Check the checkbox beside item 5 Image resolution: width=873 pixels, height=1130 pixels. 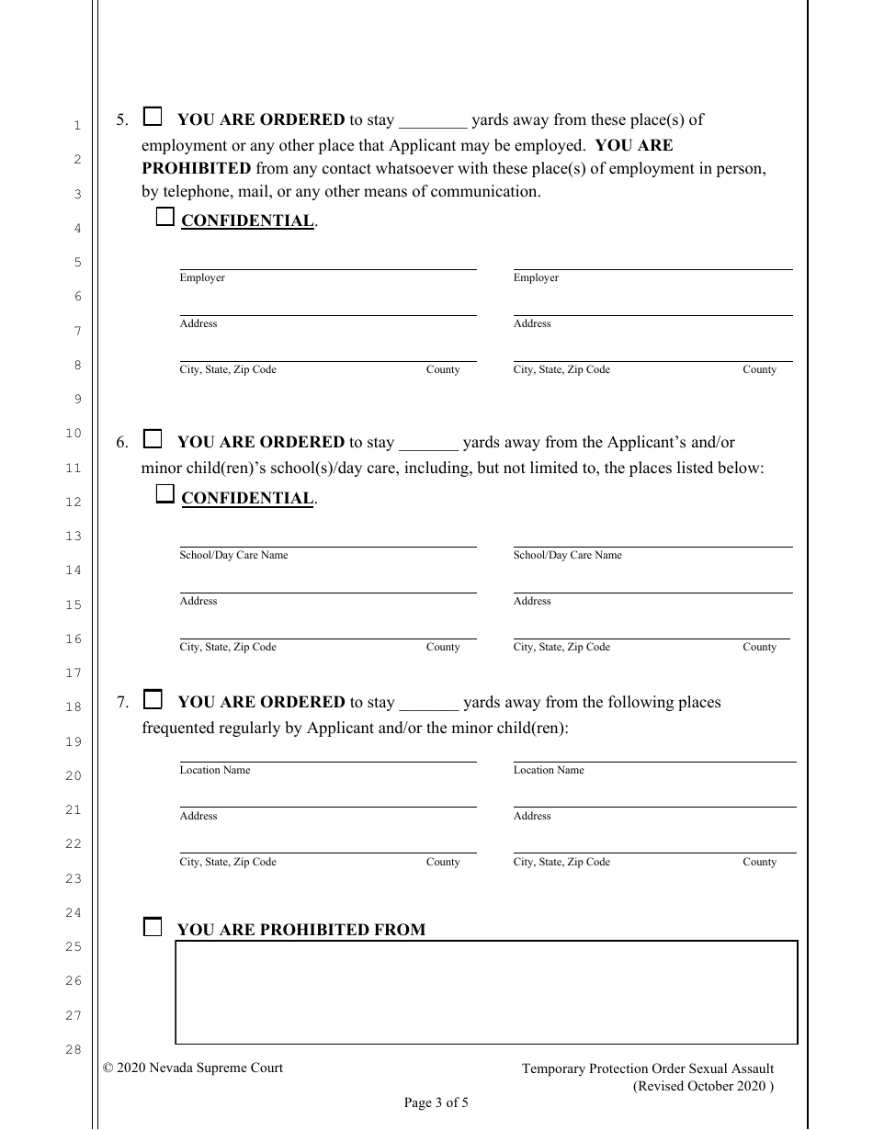point(153,117)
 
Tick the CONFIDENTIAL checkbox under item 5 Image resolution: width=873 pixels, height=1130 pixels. point(164,218)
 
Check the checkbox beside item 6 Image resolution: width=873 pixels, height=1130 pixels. point(153,438)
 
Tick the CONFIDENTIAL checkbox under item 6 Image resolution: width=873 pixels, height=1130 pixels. point(164,495)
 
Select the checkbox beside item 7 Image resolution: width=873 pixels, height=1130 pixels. point(153,699)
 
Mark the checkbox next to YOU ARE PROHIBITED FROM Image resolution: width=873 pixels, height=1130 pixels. point(153,927)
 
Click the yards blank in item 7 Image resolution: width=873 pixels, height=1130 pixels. point(429,704)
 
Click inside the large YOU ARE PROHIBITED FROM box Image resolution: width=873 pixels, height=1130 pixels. point(486,992)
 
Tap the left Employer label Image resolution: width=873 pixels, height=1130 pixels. point(202,277)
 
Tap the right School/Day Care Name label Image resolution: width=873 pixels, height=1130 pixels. point(567,555)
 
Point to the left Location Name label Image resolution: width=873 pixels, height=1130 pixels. point(215,770)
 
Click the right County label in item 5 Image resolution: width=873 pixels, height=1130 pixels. point(759,369)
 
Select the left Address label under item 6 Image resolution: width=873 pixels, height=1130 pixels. point(198,601)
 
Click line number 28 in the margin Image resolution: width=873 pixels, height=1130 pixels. point(74,1050)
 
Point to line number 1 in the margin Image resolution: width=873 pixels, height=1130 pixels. point(77,126)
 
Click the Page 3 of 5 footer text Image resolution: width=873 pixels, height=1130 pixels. point(436,1103)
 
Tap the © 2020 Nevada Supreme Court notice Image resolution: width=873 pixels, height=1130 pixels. point(193,1068)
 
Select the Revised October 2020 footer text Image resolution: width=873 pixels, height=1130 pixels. point(703,1086)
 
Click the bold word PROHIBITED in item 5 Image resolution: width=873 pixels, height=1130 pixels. point(196,169)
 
